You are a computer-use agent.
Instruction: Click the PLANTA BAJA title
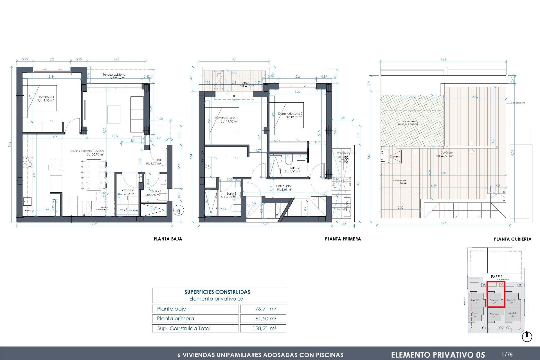168,239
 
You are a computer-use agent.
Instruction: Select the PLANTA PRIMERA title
343,239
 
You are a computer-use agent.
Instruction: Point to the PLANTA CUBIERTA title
512,239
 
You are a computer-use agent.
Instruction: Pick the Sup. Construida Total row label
183,328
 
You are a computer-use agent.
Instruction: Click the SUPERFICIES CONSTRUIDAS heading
217,292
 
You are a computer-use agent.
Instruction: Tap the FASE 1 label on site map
496,277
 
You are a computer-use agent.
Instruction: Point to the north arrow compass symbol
527,337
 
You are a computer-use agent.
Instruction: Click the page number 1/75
507,354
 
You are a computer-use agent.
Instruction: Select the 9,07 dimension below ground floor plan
94,224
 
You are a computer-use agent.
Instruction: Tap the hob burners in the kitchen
27,162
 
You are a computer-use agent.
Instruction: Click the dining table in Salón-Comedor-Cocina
94,174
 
